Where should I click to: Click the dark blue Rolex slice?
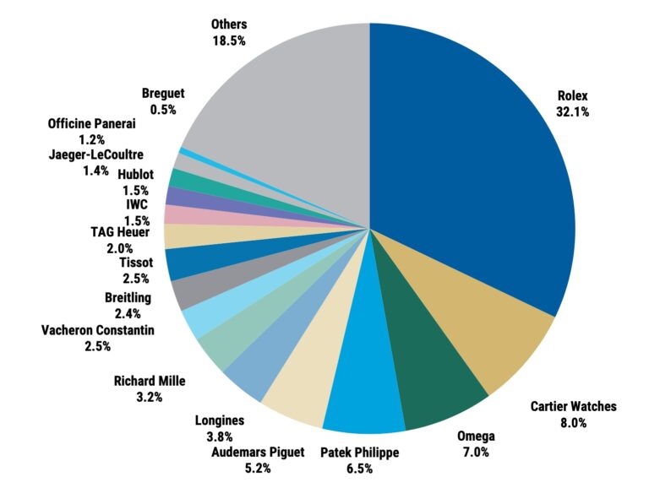[x=473, y=169]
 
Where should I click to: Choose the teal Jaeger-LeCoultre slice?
[x=179, y=178]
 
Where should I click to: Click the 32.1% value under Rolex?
[x=573, y=111]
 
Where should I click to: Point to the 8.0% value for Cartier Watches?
[x=573, y=423]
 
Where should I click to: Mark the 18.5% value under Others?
[x=229, y=40]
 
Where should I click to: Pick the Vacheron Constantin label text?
[x=97, y=329]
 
